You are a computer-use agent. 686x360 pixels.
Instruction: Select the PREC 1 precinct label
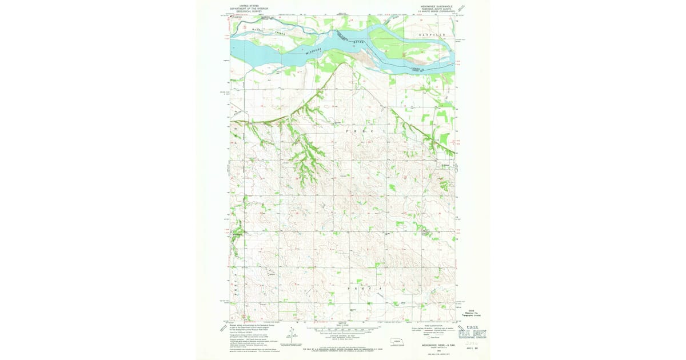(366, 131)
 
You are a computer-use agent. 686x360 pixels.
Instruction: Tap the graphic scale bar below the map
(343, 330)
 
